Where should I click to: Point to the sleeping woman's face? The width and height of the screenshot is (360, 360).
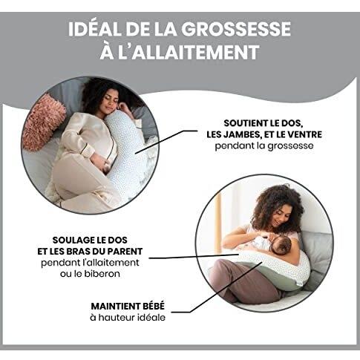point(105,99)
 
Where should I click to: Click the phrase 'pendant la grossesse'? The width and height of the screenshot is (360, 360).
point(272,146)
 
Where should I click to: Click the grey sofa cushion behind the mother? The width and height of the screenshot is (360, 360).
point(320,252)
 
